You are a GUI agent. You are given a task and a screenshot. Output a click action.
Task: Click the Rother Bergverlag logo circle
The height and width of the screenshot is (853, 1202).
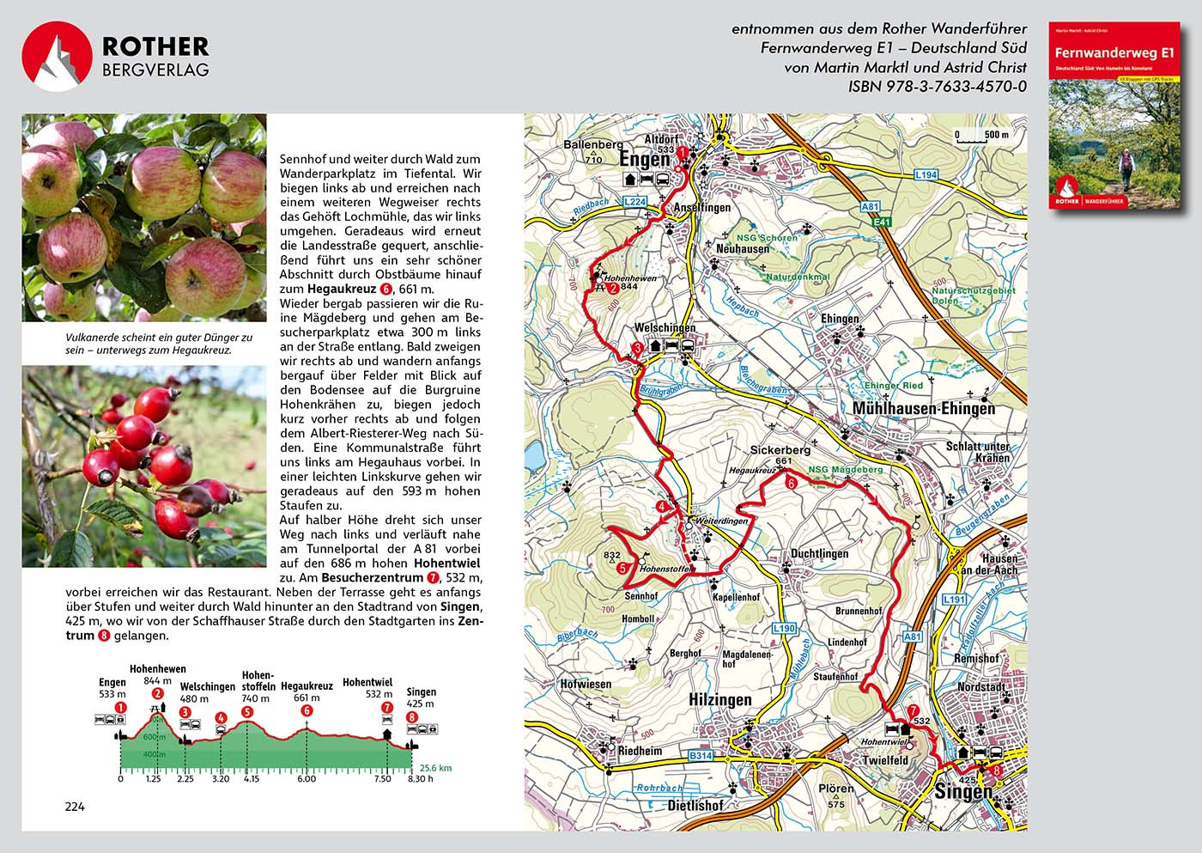pos(57,57)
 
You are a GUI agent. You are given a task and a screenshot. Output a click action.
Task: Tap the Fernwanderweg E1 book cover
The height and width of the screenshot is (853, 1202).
pos(1114,116)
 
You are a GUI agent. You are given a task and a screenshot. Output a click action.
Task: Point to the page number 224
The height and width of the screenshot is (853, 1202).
pos(75,807)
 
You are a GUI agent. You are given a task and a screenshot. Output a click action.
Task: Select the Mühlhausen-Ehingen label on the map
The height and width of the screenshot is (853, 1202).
pos(923,409)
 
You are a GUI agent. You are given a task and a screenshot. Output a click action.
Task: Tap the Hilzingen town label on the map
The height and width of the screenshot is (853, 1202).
pos(719,700)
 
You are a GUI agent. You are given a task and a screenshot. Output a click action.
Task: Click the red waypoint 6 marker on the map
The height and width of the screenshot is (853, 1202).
pos(791,483)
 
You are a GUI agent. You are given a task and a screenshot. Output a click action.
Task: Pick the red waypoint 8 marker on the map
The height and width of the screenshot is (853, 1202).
pos(995,771)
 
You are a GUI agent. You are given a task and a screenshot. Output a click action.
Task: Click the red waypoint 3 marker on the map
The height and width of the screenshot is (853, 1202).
pos(637,348)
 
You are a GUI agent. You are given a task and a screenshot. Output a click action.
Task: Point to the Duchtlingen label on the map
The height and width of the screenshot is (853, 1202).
pos(819,554)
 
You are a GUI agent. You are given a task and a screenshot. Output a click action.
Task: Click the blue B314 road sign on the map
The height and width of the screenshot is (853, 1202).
pos(701,756)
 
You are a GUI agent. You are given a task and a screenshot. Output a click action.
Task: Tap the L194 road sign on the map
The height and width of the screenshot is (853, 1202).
pos(926,175)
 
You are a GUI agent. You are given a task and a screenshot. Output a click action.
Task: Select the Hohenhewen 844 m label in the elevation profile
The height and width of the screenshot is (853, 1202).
pos(157,675)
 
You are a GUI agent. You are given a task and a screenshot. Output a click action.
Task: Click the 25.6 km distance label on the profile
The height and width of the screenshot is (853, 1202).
pos(434,768)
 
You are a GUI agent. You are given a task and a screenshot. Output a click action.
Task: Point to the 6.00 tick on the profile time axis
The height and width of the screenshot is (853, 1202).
pos(307,779)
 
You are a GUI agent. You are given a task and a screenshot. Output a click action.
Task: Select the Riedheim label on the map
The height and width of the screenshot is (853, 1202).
pos(640,751)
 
